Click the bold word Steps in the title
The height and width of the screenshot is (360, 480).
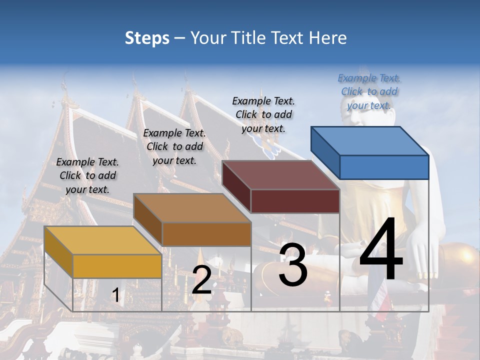pyautogui.click(x=147, y=38)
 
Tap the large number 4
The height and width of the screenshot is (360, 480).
pyautogui.click(x=381, y=250)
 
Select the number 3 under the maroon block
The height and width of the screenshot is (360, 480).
pyautogui.click(x=293, y=265)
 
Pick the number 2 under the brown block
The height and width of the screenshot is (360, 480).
pyautogui.click(x=201, y=280)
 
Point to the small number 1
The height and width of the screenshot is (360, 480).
pyautogui.click(x=115, y=295)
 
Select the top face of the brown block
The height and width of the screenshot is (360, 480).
pyautogui.click(x=192, y=208)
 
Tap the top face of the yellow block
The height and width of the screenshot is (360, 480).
pyautogui.click(x=103, y=240)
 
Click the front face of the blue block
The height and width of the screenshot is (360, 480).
pyautogui.click(x=384, y=167)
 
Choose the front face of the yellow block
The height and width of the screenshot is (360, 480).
pyautogui.click(x=117, y=266)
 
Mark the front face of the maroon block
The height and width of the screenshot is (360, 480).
pyautogui.click(x=295, y=201)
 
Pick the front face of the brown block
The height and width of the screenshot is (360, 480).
pyautogui.click(x=206, y=234)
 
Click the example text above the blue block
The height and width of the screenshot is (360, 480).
pyautogui.click(x=369, y=91)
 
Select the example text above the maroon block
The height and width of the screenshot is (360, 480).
pyautogui.click(x=263, y=114)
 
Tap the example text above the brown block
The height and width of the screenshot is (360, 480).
pyautogui.click(x=174, y=146)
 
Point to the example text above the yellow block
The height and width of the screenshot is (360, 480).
pyautogui.click(x=87, y=175)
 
